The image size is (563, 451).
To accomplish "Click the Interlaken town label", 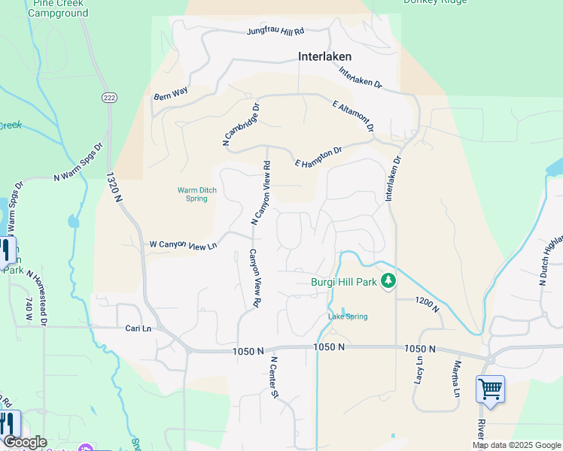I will coord(324,56).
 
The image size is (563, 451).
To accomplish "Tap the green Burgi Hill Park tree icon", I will coord(388,281).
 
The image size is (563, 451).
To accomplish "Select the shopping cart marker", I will coord(490,389).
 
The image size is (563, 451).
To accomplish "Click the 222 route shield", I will coord(109,98).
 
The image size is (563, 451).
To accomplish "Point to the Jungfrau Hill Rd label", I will coord(275,32).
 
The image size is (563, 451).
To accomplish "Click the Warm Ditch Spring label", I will coord(197,195).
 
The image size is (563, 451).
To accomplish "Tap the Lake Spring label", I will coord(348,316).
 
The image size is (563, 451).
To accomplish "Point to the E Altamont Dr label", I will coord(353,114).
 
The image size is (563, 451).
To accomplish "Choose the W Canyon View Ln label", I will coord(183,245).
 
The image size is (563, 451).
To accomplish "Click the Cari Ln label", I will coord(138,328).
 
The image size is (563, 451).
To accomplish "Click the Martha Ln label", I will coord(456,379).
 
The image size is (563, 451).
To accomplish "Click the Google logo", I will coord(25,442).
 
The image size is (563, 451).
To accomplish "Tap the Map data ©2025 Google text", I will coord(516,445).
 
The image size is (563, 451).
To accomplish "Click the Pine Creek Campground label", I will coord(58,8).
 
